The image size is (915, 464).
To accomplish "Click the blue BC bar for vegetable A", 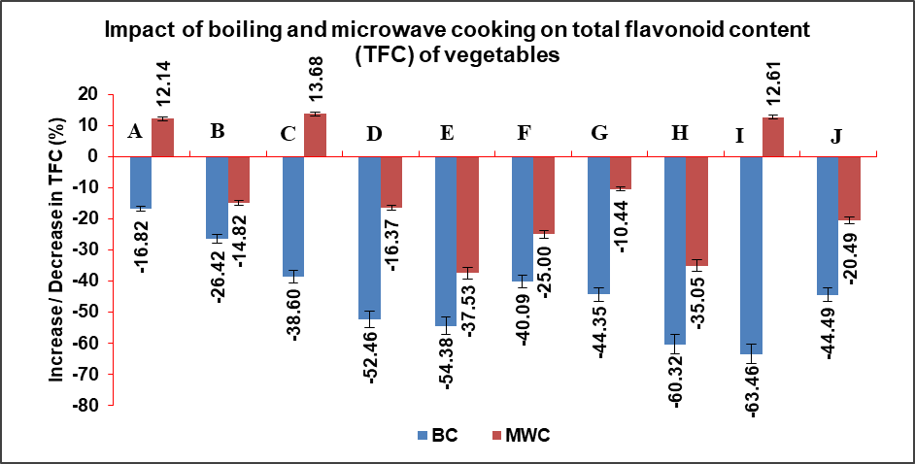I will (x=141, y=182).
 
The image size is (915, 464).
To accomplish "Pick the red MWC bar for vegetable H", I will (x=695, y=211).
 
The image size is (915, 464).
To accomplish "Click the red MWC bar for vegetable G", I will (x=620, y=172).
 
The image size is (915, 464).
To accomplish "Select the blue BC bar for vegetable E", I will (x=446, y=241).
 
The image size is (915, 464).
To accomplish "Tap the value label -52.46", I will (x=369, y=358).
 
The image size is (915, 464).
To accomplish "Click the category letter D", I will (x=374, y=133).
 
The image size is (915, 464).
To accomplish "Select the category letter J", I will (x=835, y=133).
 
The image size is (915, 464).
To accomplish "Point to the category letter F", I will (x=525, y=133).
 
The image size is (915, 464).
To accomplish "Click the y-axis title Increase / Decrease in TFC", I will (x=58, y=249).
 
